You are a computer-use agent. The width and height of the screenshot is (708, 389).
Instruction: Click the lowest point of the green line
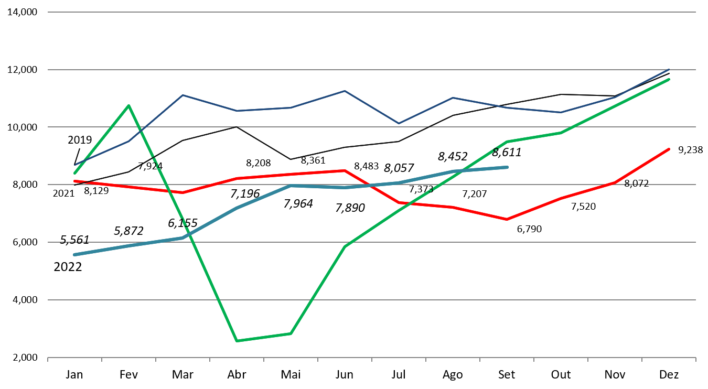pos(237,341)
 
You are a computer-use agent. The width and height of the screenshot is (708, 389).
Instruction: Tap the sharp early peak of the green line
pos(128,106)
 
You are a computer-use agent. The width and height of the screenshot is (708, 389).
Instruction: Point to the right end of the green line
pos(669,80)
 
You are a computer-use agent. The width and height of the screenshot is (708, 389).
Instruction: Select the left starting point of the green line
pos(74,173)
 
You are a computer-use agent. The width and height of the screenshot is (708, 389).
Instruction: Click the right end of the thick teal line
pos(507,167)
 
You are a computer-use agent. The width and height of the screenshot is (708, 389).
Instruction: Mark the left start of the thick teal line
pos(74,255)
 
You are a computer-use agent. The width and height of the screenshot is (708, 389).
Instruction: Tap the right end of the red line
pos(669,149)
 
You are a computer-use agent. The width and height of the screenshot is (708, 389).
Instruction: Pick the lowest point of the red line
pos(507,219)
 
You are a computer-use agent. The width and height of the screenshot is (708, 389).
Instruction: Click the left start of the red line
pos(74,181)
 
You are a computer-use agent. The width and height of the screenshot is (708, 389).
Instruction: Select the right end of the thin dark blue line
pos(669,69)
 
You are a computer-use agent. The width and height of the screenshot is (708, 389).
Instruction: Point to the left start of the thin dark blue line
pos(74,165)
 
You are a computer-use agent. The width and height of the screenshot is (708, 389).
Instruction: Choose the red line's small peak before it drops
pos(345,170)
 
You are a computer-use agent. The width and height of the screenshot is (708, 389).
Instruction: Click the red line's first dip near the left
pos(183,192)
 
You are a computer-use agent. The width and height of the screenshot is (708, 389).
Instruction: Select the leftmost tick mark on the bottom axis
pos(48,359)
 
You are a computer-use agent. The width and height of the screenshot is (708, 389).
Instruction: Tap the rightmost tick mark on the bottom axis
pos(695,359)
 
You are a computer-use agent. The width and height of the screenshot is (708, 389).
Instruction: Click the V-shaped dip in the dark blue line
pos(399,123)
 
